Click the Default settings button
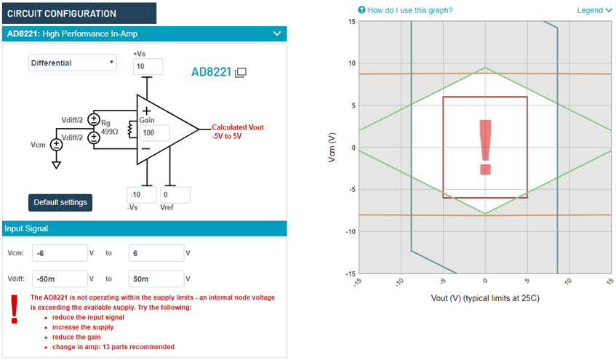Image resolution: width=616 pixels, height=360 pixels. point(60,202)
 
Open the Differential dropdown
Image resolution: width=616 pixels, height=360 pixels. point(72,63)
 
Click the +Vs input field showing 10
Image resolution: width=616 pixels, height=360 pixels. point(148,66)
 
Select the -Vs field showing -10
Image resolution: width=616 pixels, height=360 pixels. point(142,195)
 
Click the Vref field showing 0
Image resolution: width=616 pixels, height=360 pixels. point(175,195)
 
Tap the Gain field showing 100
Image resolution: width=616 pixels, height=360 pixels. point(154,133)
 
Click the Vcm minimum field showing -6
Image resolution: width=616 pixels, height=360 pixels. point(60,253)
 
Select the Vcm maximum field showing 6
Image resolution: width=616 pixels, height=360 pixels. point(156,253)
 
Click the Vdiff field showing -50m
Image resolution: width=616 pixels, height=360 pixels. point(60,279)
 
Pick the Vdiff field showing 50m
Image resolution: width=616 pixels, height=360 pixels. point(156,279)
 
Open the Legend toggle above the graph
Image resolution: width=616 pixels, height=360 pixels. point(594,10)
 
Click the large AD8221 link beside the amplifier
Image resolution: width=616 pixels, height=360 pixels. point(212,72)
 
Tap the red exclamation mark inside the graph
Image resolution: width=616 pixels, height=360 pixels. point(486,147)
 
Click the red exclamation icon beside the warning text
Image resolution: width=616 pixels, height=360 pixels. point(15,309)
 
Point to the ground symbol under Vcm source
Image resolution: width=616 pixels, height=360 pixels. point(56,164)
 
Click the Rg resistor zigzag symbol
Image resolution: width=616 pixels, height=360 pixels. point(130,129)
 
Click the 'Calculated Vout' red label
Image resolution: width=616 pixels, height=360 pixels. point(238,127)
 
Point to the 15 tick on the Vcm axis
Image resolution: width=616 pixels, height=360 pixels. point(351,21)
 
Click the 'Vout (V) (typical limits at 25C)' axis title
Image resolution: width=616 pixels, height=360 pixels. point(485,298)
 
